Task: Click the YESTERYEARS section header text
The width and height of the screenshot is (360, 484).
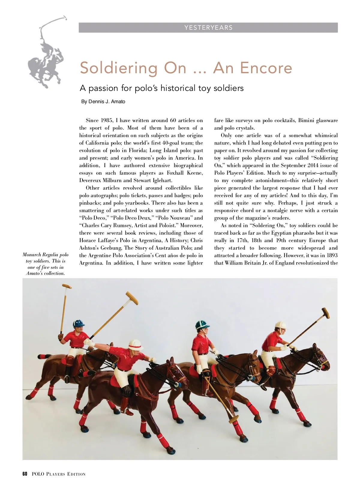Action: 208,28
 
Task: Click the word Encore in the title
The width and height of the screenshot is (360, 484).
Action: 253,68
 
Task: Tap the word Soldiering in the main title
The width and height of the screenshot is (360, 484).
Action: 118,68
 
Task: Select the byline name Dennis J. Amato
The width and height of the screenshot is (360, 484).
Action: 106,102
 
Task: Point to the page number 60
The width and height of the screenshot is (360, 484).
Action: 25,474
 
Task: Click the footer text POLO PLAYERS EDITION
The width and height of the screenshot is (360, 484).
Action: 58,474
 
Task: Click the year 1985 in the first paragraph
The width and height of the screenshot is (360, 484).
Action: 106,121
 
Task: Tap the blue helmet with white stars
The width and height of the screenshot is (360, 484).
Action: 79,323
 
